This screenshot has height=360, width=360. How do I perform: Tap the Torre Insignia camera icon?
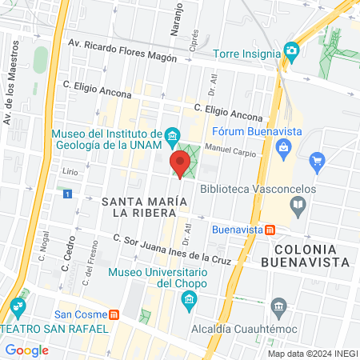[291, 52]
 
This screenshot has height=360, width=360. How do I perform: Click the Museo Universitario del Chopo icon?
[189, 302]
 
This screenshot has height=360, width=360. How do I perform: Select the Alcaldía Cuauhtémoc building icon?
[278, 306]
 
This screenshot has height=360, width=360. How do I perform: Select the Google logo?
[27, 350]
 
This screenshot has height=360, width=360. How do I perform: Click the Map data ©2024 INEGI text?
[312, 353]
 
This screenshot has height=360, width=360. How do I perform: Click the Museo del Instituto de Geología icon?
[172, 137]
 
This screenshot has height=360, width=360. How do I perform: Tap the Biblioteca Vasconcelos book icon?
[298, 206]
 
